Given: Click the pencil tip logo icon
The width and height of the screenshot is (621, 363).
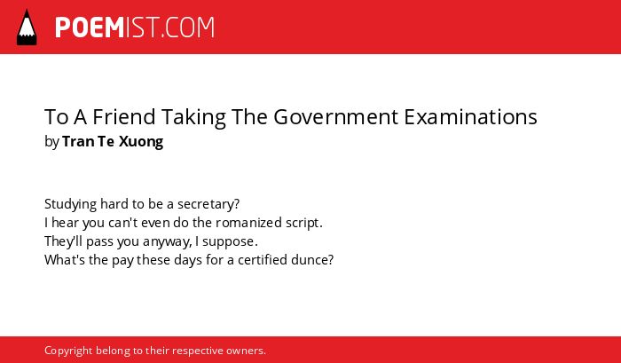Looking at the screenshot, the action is (x=27, y=27).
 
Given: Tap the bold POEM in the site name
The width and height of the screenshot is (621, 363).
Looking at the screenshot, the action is (x=90, y=28).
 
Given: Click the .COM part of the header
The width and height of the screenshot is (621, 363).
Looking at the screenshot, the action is (x=188, y=28).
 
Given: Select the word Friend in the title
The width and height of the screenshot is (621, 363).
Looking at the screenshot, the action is (x=124, y=117).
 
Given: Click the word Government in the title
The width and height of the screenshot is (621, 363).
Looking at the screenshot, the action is (x=336, y=117).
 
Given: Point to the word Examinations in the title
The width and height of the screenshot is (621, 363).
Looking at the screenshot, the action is (x=470, y=117).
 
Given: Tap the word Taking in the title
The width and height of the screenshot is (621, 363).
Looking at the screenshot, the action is (x=193, y=118).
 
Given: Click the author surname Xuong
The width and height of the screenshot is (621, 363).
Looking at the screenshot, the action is (x=141, y=142).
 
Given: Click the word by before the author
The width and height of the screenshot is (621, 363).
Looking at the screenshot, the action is (x=51, y=142).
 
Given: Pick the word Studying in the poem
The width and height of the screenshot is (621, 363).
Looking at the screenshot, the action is (x=70, y=204).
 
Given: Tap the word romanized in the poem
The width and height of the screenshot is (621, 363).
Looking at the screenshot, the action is (x=249, y=223).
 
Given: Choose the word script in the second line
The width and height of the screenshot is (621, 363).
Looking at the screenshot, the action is (x=303, y=224).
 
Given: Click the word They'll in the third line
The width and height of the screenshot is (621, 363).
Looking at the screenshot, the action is (x=63, y=241).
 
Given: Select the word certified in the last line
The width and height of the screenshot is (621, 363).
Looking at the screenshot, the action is (x=263, y=260).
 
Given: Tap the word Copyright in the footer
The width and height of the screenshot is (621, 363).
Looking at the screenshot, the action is (x=68, y=351).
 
